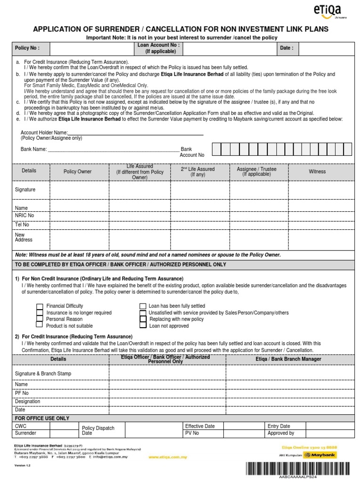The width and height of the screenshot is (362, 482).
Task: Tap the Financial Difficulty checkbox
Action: pos(40,306)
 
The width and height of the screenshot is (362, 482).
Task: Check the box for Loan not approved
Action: pos(143,325)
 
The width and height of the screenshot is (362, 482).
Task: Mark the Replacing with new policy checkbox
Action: pos(143,319)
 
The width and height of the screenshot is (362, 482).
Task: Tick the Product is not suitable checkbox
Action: pos(40,325)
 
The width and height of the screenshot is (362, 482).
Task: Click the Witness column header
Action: pos(317,172)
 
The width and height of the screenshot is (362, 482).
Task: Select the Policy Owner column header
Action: pos(78,172)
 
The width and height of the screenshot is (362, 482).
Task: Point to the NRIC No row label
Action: pos(25,215)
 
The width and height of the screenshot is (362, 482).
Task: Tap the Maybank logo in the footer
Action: pos(321,455)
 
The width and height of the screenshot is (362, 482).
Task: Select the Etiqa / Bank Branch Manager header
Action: pos(288,359)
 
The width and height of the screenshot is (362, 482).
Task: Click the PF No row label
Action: pos(22,393)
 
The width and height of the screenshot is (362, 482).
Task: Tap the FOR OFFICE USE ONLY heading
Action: pos(42,418)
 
